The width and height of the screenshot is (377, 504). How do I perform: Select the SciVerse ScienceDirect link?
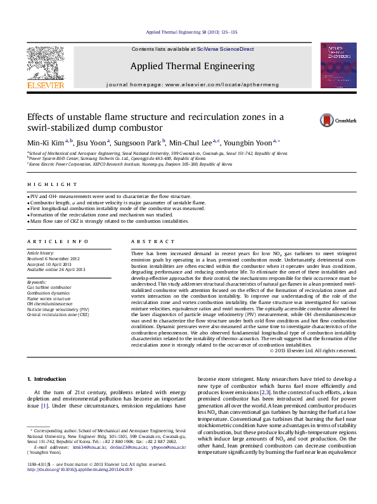(x=226, y=49)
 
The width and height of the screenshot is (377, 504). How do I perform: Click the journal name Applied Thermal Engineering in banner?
(x=192, y=66)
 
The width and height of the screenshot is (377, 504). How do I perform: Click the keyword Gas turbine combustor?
(x=49, y=288)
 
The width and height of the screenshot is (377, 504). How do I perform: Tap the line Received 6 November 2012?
(x=53, y=259)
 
